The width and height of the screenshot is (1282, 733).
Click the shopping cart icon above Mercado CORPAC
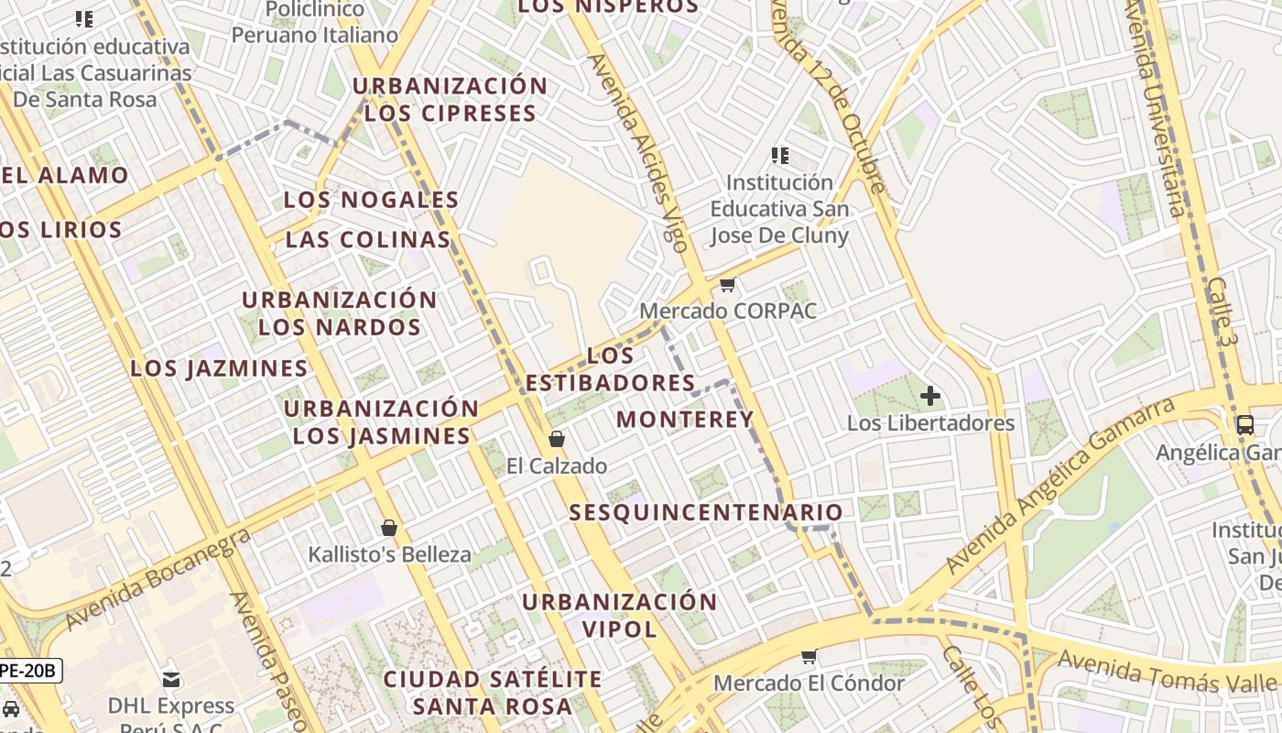click(728, 285)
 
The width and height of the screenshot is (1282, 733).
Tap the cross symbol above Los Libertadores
click(930, 396)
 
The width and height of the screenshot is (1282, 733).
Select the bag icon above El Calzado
click(557, 439)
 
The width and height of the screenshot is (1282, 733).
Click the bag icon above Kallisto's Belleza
click(389, 528)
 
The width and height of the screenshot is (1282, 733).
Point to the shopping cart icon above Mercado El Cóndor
click(809, 656)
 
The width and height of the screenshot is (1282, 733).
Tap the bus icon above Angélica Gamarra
click(1244, 424)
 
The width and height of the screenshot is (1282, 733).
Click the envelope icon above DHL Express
click(171, 679)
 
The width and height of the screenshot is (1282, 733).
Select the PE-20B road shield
click(29, 671)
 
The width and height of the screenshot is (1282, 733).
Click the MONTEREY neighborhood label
click(685, 420)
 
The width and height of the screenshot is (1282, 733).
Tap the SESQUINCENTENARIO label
click(706, 512)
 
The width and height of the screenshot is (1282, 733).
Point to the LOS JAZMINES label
click(219, 368)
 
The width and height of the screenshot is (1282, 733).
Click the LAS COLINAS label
click(368, 240)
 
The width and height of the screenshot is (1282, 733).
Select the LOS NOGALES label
click(371, 200)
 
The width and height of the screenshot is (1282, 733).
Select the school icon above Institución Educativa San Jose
click(780, 156)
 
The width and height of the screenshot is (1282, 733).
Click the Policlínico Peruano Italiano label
click(314, 23)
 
